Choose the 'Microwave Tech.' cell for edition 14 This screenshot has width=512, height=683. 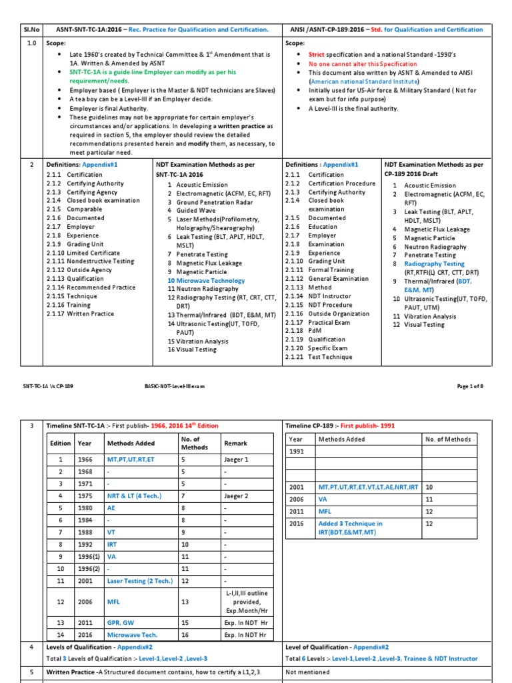click(x=131, y=635)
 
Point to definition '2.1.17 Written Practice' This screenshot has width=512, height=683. click(x=81, y=313)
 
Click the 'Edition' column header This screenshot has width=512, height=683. click(x=61, y=443)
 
